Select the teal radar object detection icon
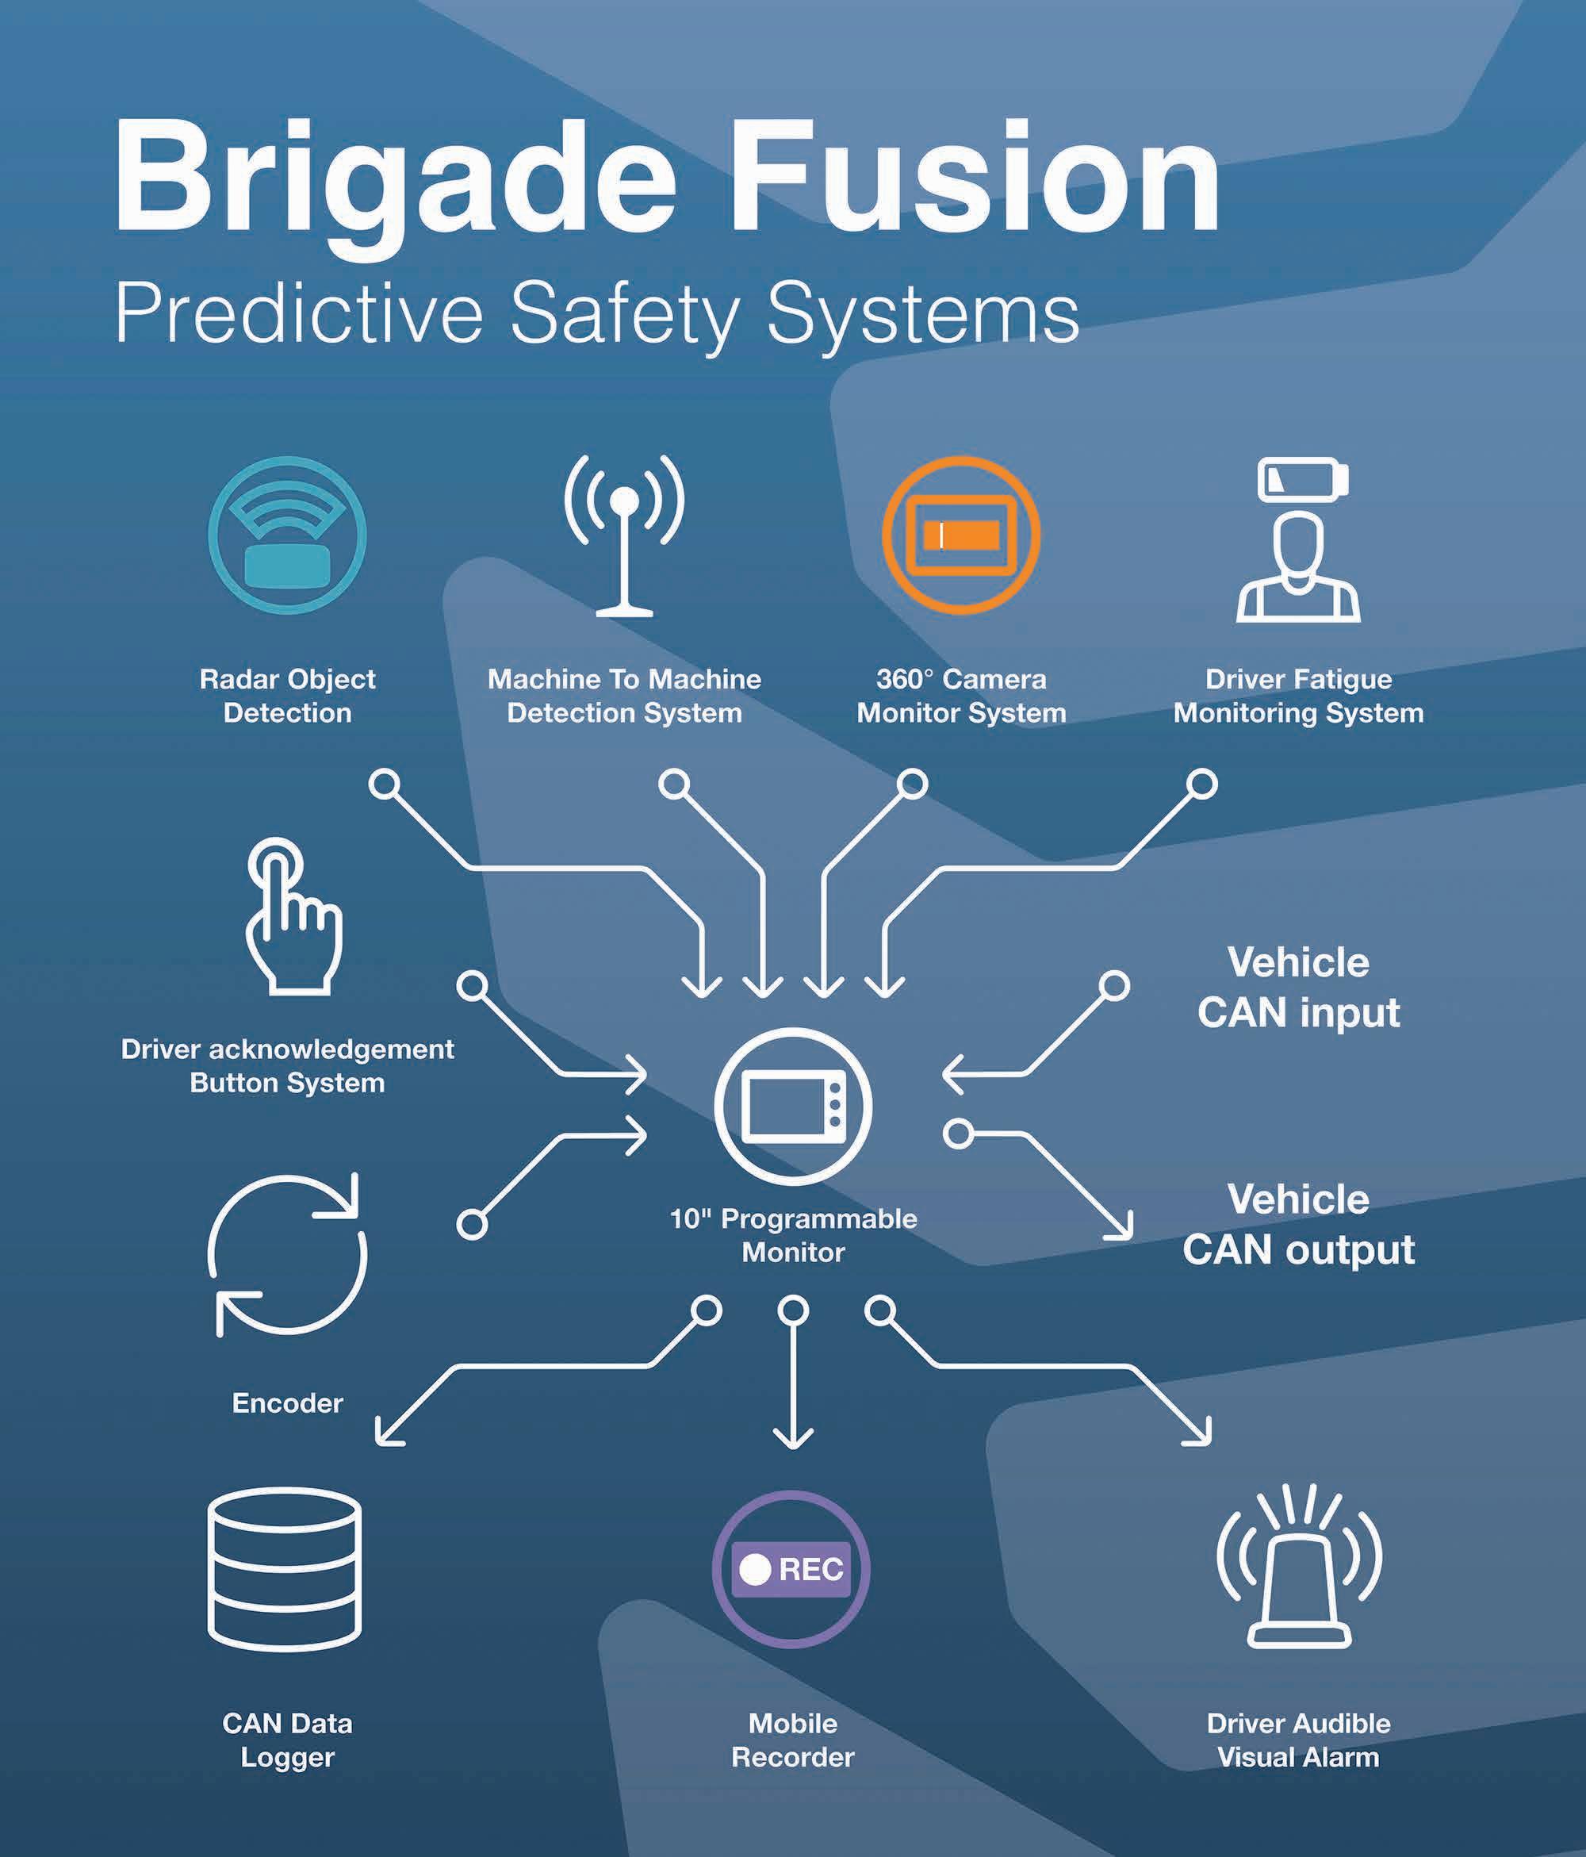click(287, 535)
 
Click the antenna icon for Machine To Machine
click(625, 535)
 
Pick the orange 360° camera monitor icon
click(960, 535)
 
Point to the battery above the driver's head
click(1303, 478)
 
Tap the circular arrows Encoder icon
click(287, 1255)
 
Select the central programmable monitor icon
click(793, 1107)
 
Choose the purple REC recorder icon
click(791, 1569)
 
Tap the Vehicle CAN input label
click(1298, 988)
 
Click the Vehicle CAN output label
click(1298, 1224)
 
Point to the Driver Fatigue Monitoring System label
click(1298, 696)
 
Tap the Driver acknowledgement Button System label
click(287, 1065)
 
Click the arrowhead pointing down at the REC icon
click(793, 1441)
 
